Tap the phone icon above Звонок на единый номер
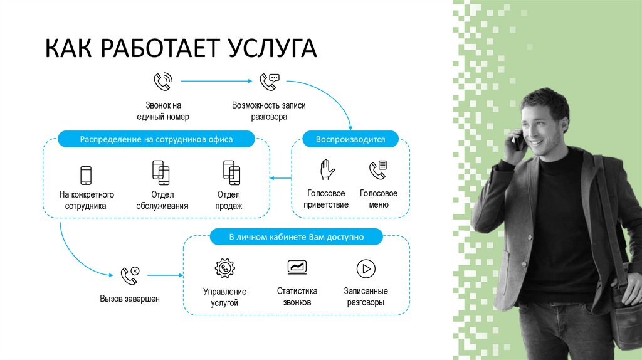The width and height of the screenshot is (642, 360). [162, 82]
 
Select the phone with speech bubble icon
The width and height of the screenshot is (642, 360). [270, 82]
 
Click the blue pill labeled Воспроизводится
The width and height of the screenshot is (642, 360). [350, 139]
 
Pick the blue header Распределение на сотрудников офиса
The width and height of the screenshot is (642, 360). [156, 139]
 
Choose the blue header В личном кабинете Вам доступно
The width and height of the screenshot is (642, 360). [296, 238]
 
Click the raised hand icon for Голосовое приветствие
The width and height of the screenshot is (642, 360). [326, 169]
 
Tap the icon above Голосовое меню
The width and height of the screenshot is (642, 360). [378, 169]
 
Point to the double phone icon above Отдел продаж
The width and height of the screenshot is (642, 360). [232, 172]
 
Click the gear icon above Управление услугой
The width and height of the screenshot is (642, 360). [224, 268]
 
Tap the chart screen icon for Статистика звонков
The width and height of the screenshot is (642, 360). [297, 267]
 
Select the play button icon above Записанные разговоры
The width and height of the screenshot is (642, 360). [366, 269]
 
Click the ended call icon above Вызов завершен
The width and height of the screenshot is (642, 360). [130, 275]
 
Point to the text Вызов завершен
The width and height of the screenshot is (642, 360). [130, 299]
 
